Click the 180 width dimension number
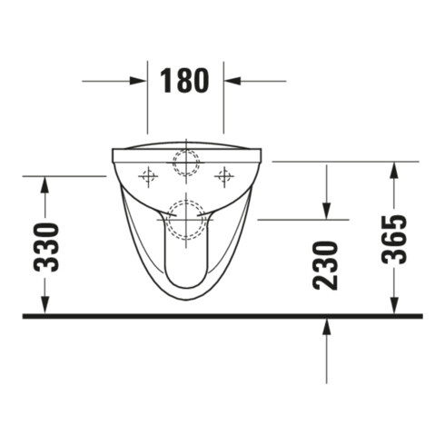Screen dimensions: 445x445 [185, 81]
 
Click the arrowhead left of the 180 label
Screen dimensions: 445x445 [139, 81]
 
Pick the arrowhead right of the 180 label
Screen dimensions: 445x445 [232, 81]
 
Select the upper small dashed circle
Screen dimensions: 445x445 [185, 161]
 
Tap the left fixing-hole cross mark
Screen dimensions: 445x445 [148, 173]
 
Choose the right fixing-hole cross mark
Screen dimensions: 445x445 [222, 173]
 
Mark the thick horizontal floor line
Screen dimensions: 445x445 [222, 316]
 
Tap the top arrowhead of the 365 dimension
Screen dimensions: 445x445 [393, 170]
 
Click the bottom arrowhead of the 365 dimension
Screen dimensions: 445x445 [393, 307]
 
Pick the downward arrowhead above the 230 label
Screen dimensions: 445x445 [326, 212]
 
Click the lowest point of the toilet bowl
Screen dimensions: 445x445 [185, 299]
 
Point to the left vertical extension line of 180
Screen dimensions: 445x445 [148, 100]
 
